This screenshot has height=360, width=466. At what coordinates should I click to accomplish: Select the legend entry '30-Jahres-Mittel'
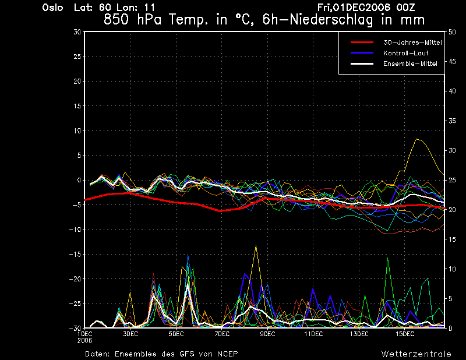(x=412, y=43)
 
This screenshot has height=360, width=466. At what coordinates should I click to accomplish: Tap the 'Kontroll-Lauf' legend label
(x=405, y=53)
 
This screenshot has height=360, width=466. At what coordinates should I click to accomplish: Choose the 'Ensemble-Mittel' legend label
(x=410, y=63)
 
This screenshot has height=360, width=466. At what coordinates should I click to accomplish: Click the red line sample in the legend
(x=362, y=43)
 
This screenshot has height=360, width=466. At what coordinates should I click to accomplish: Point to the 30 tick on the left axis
(x=77, y=32)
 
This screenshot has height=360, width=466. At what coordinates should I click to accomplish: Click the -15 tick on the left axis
(x=75, y=254)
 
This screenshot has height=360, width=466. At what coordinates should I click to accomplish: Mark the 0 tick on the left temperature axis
(x=79, y=180)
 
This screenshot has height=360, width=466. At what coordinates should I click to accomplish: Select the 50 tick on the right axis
(x=452, y=32)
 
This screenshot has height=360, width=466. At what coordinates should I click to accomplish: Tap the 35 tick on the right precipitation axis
(x=452, y=121)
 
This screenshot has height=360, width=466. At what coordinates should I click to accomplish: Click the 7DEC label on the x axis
(x=222, y=334)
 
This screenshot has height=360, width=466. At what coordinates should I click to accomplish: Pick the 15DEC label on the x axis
(x=405, y=334)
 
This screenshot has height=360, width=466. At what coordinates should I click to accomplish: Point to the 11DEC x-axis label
(x=313, y=334)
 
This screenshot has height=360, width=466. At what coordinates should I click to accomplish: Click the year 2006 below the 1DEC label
(x=84, y=341)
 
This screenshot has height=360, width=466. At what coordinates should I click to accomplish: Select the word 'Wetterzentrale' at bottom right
(x=416, y=354)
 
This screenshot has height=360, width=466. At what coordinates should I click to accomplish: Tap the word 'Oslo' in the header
(x=52, y=8)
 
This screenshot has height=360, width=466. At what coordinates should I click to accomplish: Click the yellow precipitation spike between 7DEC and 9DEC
(x=256, y=246)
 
